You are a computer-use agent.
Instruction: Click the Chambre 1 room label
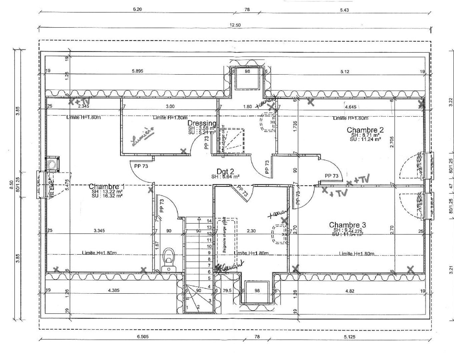106,187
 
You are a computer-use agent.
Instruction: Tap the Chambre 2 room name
365,130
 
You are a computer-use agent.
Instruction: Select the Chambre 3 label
347,225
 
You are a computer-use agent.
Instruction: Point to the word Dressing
202,123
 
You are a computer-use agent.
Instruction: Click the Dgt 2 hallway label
225,171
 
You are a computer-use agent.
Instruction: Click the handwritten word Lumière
143,136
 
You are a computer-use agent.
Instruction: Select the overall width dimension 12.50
235,25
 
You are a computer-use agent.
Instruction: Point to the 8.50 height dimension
11,184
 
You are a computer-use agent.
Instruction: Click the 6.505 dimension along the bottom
142,337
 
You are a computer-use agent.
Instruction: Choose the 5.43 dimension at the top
344,10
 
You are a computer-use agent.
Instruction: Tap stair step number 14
209,221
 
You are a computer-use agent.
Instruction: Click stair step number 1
187,307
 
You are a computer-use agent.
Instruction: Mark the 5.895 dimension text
137,71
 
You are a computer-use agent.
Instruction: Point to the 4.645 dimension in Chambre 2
350,107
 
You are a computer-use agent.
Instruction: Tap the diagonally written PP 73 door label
243,191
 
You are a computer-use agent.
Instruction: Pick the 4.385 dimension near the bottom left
114,290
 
